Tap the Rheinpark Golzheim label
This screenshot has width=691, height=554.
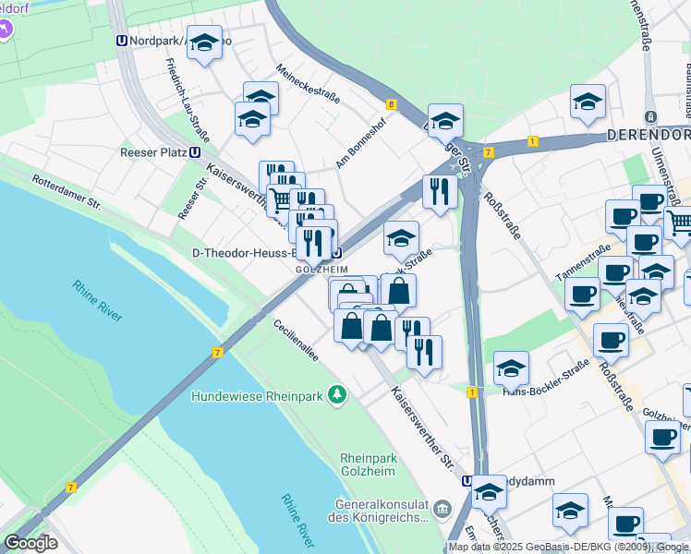368,464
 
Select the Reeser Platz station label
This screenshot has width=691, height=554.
152,153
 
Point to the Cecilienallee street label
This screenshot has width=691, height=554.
297,341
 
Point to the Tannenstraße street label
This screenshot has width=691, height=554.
584,258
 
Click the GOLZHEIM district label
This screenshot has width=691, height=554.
321,269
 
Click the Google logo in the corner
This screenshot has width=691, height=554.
30,543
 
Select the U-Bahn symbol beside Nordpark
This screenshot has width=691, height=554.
122,42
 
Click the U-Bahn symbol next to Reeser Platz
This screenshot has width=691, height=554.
195,153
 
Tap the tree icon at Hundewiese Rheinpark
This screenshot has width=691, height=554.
339,396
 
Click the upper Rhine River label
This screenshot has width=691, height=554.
97,300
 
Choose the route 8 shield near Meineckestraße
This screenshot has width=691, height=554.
392,105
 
